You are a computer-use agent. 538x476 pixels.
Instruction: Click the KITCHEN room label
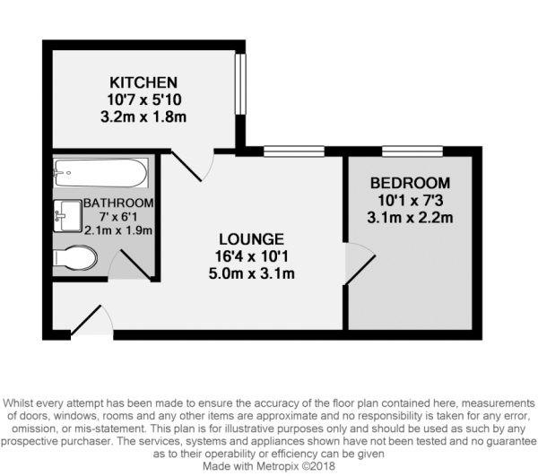pos(137,82)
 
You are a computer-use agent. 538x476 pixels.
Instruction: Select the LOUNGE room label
pos(251,239)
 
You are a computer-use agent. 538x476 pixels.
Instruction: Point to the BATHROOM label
pos(118,203)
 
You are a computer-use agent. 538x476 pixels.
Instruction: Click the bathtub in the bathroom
pos(99,171)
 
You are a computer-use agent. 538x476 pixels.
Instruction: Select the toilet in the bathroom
pos(75,259)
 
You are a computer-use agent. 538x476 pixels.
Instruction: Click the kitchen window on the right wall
pos(240,86)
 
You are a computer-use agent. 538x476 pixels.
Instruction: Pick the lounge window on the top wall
pos(293,151)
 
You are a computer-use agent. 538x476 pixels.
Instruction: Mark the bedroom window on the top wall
pos(412,151)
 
